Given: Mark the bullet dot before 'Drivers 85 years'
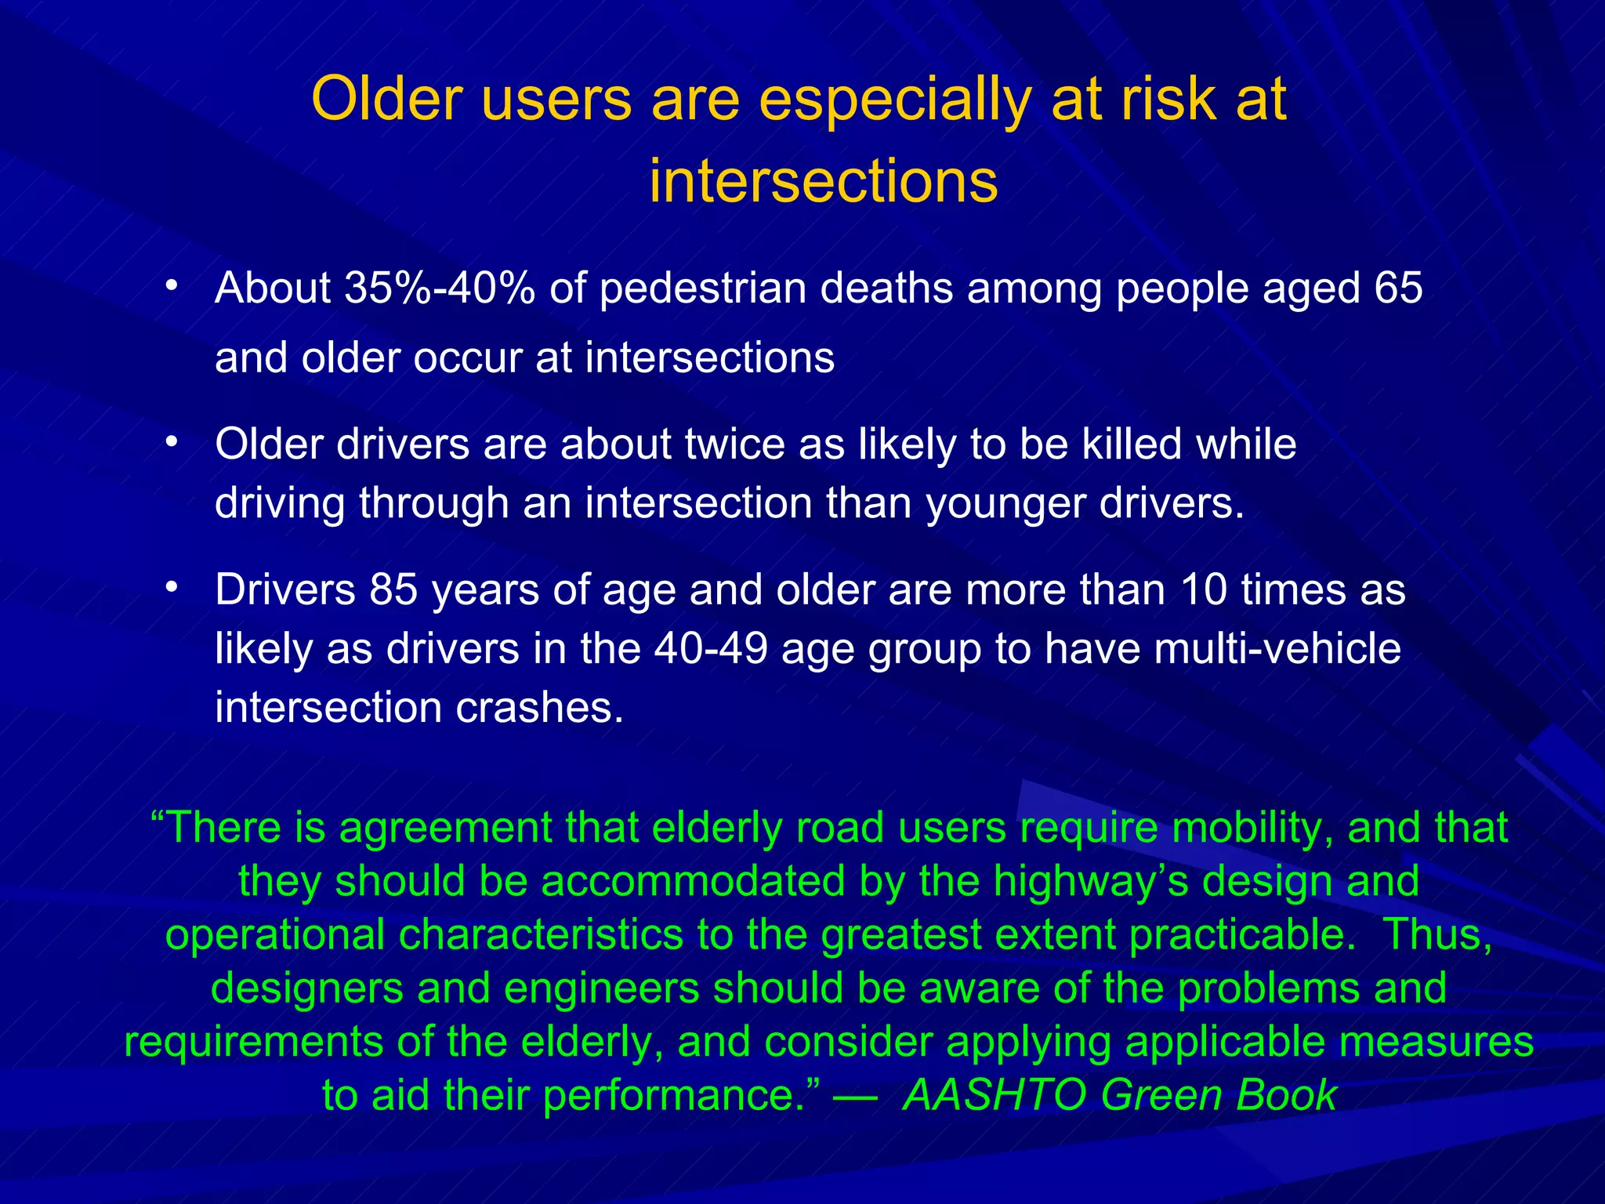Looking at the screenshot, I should point(172,586).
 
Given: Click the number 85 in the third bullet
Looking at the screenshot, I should point(394,589).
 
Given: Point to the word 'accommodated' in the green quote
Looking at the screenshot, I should point(693,881).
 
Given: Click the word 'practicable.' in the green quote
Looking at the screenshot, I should point(1242,934).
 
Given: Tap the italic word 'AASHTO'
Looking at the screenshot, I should point(995,1095).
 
